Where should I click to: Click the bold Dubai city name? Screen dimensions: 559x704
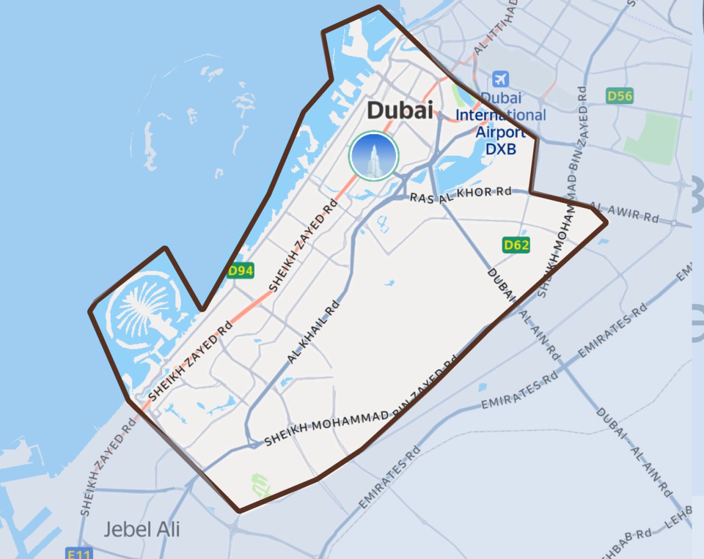(x=400, y=110)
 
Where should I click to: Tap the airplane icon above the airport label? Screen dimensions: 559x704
(x=501, y=79)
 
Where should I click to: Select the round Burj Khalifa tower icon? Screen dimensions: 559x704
(x=374, y=156)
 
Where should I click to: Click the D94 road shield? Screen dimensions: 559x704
(x=241, y=270)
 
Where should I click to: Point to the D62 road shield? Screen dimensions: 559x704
(x=516, y=244)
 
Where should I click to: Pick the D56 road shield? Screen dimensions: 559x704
(x=620, y=96)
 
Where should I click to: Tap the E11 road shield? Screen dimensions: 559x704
(x=79, y=553)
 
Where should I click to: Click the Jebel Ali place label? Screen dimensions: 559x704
(x=142, y=529)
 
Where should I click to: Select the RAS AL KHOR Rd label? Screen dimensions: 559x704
(x=460, y=195)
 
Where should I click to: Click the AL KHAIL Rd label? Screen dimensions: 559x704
(x=313, y=332)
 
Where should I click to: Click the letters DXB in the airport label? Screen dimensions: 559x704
(x=501, y=149)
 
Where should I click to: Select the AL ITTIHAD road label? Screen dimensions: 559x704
(x=495, y=28)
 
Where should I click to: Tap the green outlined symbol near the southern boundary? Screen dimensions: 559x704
(x=260, y=485)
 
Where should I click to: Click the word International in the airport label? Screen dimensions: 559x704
(x=501, y=115)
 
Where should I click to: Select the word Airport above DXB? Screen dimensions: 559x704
(x=501, y=132)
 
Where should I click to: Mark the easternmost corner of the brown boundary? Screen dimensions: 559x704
(x=607, y=222)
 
